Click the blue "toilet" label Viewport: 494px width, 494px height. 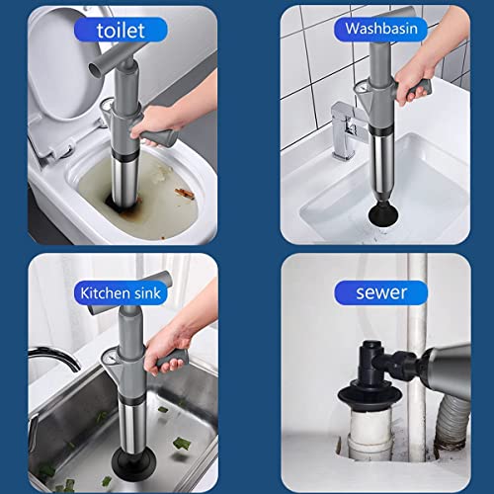coord(121,30)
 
